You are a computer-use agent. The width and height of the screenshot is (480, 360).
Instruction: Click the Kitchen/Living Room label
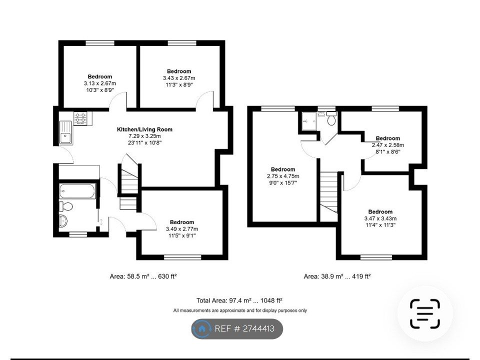click(x=144, y=129)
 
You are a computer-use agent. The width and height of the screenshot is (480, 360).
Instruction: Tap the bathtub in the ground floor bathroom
click(x=77, y=191)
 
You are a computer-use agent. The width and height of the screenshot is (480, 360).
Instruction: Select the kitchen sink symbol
click(x=66, y=132)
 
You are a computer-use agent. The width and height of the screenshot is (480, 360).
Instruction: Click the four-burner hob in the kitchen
click(x=80, y=118)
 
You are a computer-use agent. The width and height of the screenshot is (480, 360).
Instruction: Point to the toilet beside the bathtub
click(x=66, y=206)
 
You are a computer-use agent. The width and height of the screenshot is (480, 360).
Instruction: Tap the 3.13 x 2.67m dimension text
click(x=99, y=83)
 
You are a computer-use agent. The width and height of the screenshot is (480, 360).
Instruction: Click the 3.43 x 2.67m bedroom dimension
click(x=178, y=78)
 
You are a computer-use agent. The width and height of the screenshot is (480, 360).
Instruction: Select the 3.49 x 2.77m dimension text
click(x=181, y=229)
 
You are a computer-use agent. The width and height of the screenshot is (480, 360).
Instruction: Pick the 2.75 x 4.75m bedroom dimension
click(x=282, y=176)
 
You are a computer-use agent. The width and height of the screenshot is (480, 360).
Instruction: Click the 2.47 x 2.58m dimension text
click(x=387, y=145)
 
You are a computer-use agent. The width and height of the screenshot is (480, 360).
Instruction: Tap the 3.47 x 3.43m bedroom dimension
click(x=380, y=218)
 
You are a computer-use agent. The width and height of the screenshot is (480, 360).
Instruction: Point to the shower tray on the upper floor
click(x=307, y=119)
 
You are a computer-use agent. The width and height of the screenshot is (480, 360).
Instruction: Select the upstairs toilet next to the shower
click(x=330, y=120)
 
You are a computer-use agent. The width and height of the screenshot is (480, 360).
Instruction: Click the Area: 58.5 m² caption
click(x=143, y=276)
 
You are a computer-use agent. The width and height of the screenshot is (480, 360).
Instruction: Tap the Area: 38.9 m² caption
click(x=337, y=276)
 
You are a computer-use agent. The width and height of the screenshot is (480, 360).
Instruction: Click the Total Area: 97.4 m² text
click(x=239, y=300)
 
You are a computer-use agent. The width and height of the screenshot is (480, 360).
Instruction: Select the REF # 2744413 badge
click(x=237, y=329)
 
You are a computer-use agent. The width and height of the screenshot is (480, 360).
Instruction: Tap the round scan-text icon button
click(x=425, y=313)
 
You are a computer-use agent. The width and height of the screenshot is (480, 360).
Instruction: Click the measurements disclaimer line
click(x=240, y=310)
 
